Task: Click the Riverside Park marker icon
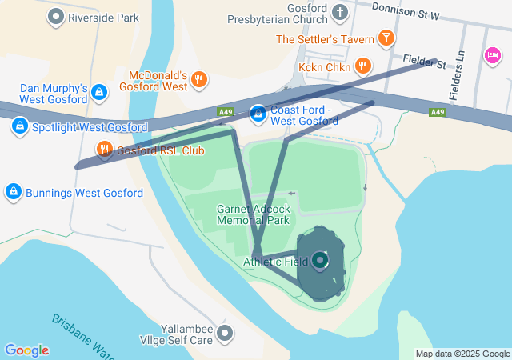point(56,16)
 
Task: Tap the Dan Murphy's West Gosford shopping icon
point(98,93)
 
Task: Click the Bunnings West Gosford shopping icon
point(13,192)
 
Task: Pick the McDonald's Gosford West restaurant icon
point(199,79)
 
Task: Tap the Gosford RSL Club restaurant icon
point(104,150)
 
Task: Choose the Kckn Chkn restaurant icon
point(363,66)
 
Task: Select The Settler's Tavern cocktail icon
point(386,38)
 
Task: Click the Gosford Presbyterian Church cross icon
point(340,12)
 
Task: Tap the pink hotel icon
point(492,54)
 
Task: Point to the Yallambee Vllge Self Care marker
point(226,333)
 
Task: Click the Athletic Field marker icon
point(320,260)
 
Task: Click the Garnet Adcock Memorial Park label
point(253,214)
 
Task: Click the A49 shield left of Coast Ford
point(225,112)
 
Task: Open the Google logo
point(26,350)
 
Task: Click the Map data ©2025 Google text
point(462,354)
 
